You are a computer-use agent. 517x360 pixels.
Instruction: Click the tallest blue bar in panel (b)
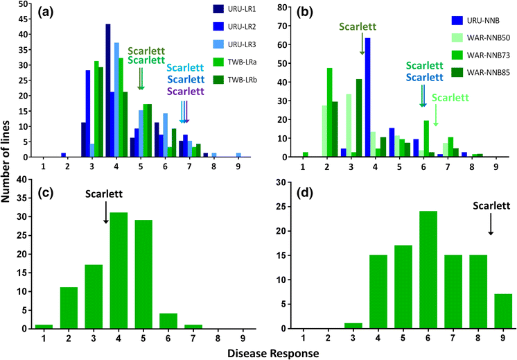click(x=367, y=97)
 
